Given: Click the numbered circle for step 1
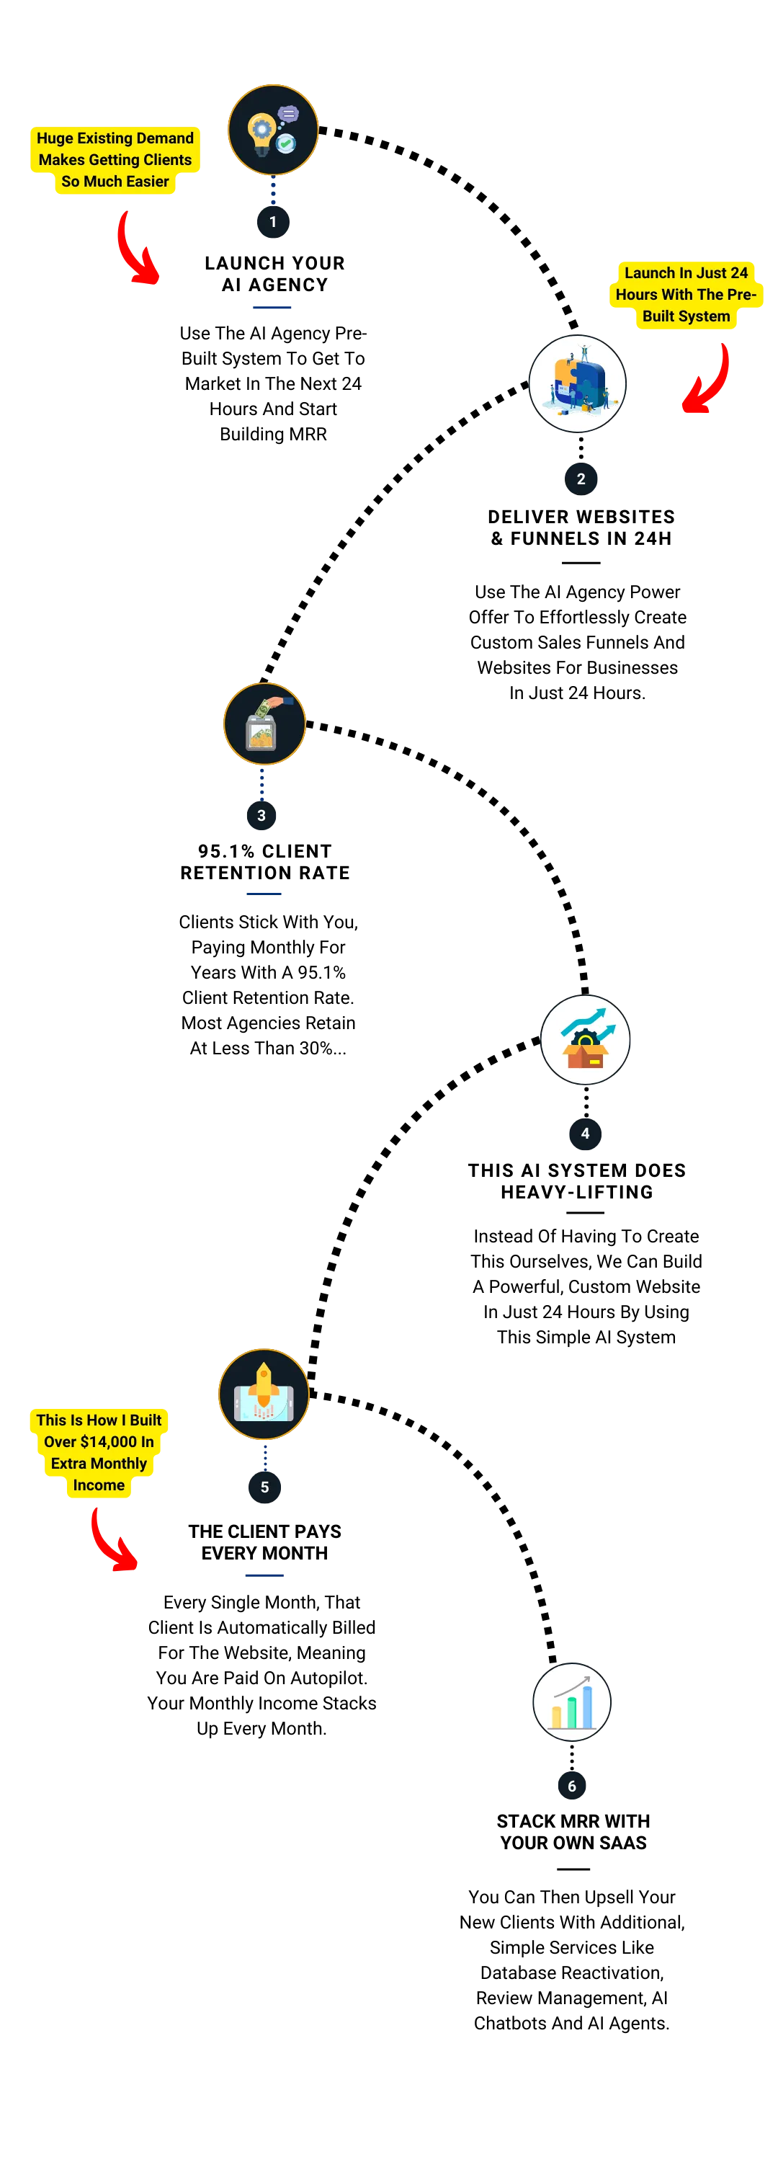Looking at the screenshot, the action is pyautogui.click(x=273, y=221).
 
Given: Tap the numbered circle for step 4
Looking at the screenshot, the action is pyautogui.click(x=585, y=1133).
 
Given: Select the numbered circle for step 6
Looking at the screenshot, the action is pyautogui.click(x=571, y=1785).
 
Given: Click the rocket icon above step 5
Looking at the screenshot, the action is pyautogui.click(x=264, y=1394).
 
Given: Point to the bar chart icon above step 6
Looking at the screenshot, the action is pyautogui.click(x=571, y=1701).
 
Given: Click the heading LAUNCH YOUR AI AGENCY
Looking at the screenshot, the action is pyautogui.click(x=274, y=274).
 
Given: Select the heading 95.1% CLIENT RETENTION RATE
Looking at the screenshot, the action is pyautogui.click(x=265, y=862).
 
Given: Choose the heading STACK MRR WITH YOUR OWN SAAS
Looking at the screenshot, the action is pyautogui.click(x=573, y=1831).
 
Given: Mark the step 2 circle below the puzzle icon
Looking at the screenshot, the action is pyautogui.click(x=581, y=479).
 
